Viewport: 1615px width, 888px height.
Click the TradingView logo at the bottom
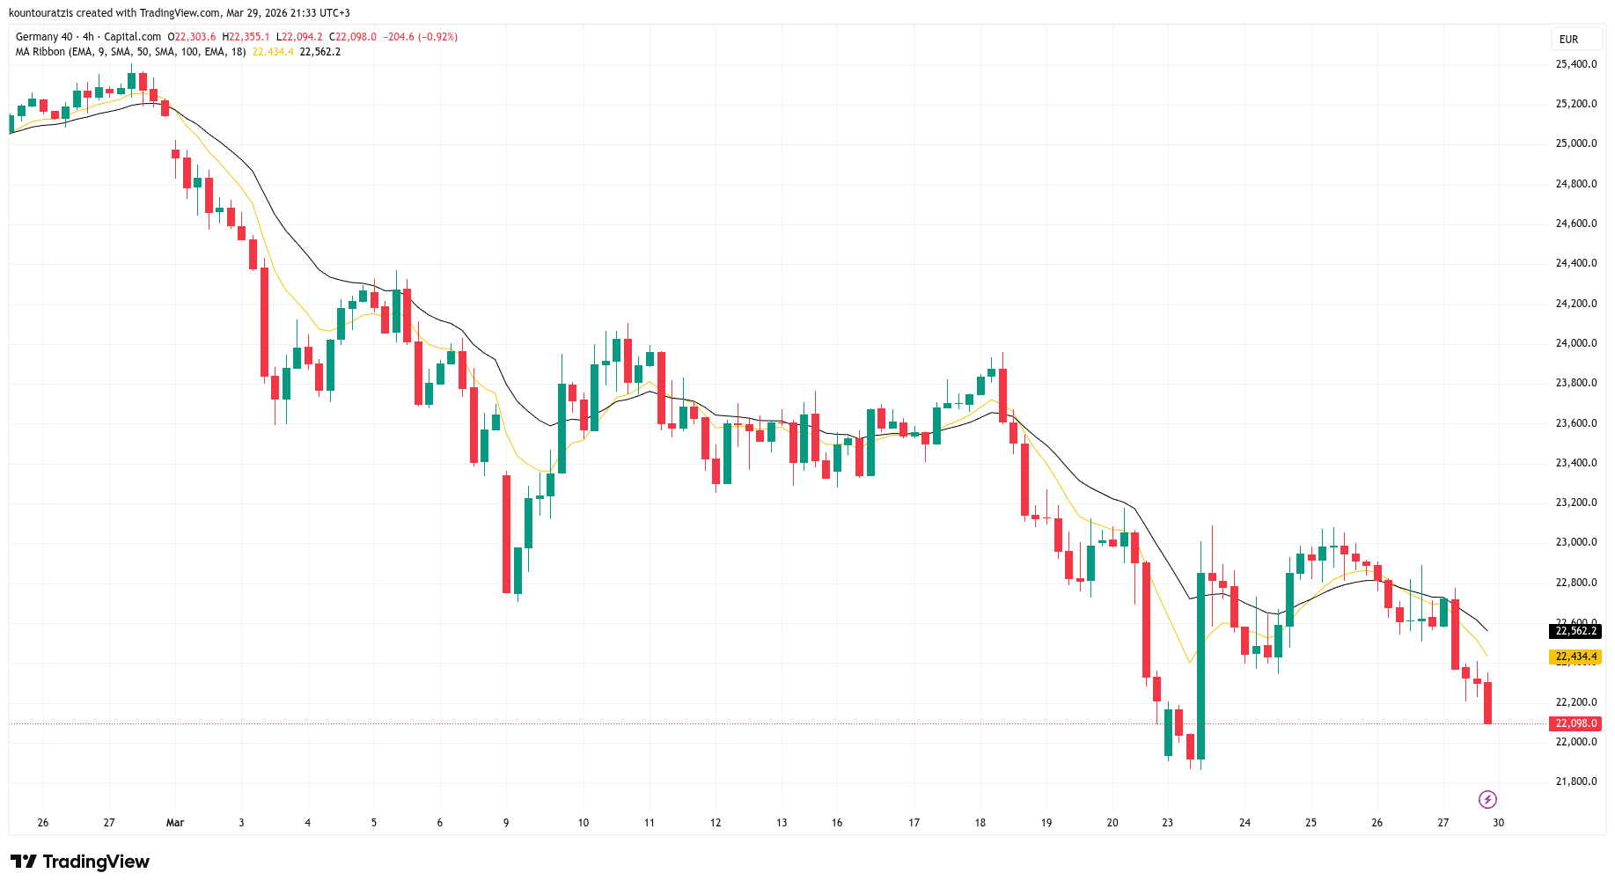80,862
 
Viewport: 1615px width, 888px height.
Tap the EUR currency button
1568,40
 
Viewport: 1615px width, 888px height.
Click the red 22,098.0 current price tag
1575,723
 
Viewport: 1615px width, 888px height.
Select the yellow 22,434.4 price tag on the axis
1575,657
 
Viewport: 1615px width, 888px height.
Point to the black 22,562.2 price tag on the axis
1575,631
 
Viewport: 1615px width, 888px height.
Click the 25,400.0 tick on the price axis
1575,64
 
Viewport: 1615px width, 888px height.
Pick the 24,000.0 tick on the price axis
1575,343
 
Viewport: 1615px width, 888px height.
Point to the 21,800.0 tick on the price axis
1575,782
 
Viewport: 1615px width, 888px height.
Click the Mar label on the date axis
175,823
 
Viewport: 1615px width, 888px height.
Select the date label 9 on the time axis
506,823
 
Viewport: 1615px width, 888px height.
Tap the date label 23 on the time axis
1167,823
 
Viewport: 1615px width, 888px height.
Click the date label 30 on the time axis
1498,823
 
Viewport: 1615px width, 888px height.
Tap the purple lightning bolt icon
1487,799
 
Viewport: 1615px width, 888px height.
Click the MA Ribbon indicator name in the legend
40,52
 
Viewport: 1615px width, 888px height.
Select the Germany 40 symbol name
44,37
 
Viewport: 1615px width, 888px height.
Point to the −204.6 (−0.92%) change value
420,37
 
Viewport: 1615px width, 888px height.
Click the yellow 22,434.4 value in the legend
273,52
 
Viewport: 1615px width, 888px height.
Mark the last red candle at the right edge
1487,702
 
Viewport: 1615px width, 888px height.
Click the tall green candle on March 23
1200,666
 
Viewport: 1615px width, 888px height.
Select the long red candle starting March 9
506,534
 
